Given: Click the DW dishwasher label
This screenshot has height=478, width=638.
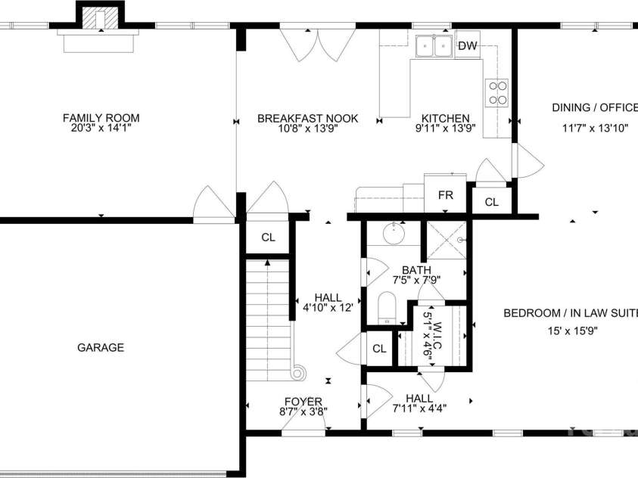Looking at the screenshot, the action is point(467,45).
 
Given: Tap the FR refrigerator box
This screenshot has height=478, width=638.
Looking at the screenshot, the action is point(446,194).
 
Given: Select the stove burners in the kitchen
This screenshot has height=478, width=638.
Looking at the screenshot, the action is point(496,93).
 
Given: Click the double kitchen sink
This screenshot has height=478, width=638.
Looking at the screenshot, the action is point(434,47).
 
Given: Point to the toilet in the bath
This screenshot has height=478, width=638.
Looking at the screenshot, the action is point(387,308).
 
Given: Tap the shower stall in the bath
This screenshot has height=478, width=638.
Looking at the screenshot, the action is point(446,241).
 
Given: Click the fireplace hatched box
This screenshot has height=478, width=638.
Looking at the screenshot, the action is point(100,18).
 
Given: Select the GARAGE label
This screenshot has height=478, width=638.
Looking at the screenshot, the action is point(101,347).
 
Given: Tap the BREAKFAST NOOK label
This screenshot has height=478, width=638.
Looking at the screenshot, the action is point(307,118).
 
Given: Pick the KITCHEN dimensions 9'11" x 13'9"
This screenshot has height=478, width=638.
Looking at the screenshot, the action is point(445,129).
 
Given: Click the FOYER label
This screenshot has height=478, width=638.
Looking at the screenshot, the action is point(303,402).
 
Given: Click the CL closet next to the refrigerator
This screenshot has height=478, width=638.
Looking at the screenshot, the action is point(491,202).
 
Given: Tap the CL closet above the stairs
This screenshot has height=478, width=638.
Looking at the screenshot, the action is point(268,237).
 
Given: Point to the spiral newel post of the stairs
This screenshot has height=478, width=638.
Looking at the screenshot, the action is point(299,372).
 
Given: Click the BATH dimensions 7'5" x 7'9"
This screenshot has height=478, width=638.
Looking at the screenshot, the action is point(417,280).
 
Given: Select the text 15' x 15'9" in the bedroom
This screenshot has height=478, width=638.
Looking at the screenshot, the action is point(572,331).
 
